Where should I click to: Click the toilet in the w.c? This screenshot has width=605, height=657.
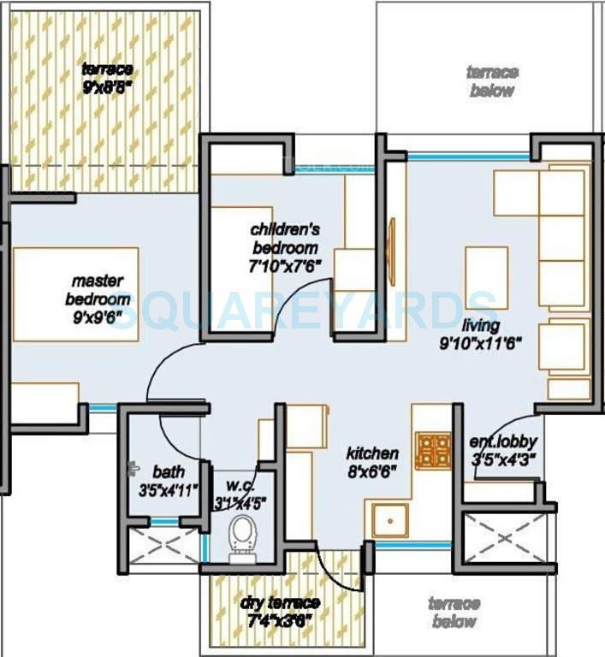pos(241,540)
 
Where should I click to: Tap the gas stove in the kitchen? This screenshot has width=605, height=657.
pos(434,451)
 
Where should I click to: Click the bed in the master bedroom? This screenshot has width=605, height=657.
pos(75,294)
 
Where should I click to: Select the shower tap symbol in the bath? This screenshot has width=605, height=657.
pos(133,468)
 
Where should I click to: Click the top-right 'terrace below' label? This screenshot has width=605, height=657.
pos(492,81)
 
